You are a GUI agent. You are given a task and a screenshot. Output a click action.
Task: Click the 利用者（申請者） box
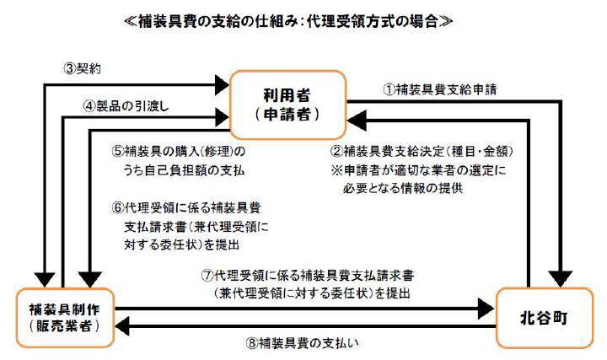(x=287, y=105)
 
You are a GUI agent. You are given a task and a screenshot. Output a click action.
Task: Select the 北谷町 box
(x=545, y=318)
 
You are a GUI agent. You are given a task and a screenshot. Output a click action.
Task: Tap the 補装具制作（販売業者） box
(x=65, y=318)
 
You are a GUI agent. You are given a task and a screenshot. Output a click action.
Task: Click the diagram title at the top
(x=288, y=21)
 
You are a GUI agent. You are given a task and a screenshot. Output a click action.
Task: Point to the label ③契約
(x=83, y=68)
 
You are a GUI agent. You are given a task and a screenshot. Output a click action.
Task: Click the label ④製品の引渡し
(x=126, y=105)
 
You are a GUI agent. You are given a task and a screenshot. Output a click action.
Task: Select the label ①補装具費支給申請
(x=440, y=89)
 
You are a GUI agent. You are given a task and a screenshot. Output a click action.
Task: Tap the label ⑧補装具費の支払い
(x=303, y=342)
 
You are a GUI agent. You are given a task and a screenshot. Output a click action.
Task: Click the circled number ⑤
(x=118, y=151)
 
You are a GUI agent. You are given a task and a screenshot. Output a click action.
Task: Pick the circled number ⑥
(x=118, y=208)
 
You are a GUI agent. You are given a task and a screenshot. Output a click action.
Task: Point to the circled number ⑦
(x=207, y=275)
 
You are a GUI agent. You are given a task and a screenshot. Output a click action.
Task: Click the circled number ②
(x=336, y=151)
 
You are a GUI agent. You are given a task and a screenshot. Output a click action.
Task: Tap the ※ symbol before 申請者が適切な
(x=336, y=170)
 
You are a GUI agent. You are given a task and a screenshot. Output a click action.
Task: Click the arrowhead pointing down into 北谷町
(x=561, y=279)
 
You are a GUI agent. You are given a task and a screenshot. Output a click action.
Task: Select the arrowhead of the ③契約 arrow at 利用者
(x=223, y=85)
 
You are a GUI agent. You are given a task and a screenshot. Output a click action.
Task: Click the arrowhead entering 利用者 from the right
(x=356, y=121)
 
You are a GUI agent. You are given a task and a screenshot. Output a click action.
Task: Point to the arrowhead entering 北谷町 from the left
(x=486, y=309)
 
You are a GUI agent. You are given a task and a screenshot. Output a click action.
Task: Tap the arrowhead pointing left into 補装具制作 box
(x=122, y=327)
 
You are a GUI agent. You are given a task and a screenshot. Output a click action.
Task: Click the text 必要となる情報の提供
(x=403, y=188)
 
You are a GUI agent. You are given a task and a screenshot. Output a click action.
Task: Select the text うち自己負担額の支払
(x=184, y=170)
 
